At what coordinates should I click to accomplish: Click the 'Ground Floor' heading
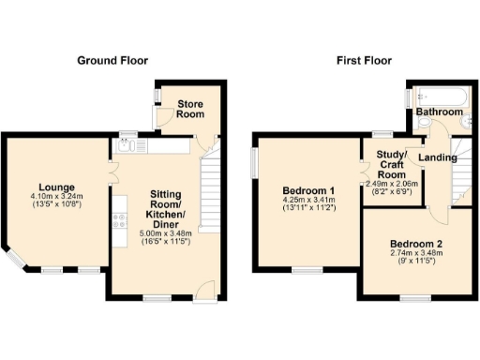tap(112, 61)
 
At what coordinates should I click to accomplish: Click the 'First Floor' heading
tap(364, 61)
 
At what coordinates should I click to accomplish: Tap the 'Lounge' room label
tap(57, 187)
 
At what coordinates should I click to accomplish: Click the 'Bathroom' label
tap(440, 112)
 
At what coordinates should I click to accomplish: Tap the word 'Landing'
tap(438, 157)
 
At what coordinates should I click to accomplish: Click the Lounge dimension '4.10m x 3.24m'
tap(57, 196)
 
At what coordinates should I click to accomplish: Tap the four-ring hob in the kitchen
tap(120, 221)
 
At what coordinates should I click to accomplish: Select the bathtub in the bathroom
tap(437, 96)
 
